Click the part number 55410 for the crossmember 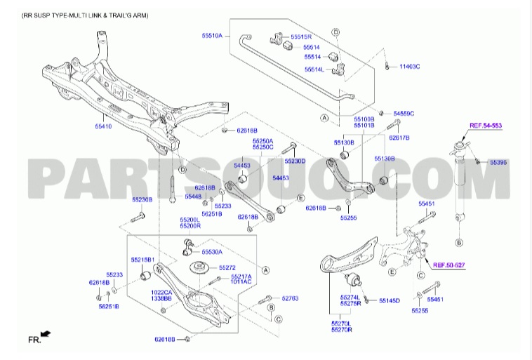point(102,127)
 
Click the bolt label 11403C point(409,67)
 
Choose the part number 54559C point(404,113)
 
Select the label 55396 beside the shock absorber point(498,162)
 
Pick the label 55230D point(295,161)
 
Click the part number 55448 point(193,196)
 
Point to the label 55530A point(211,251)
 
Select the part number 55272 point(227,267)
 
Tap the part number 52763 point(290,299)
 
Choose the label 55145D point(390,300)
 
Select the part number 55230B point(142,200)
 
